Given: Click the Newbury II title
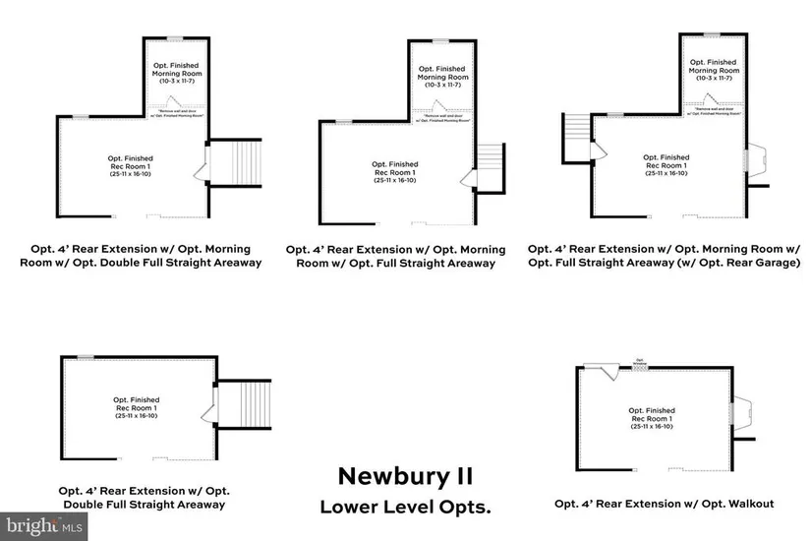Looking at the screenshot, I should [405, 476].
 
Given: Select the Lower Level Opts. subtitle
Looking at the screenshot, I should [405, 508].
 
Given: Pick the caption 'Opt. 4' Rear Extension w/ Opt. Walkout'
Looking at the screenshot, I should [664, 504].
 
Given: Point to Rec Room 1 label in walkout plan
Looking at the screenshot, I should [652, 417].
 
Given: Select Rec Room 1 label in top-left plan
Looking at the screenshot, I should [131, 164].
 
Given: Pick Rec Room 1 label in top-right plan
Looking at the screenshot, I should [666, 164].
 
